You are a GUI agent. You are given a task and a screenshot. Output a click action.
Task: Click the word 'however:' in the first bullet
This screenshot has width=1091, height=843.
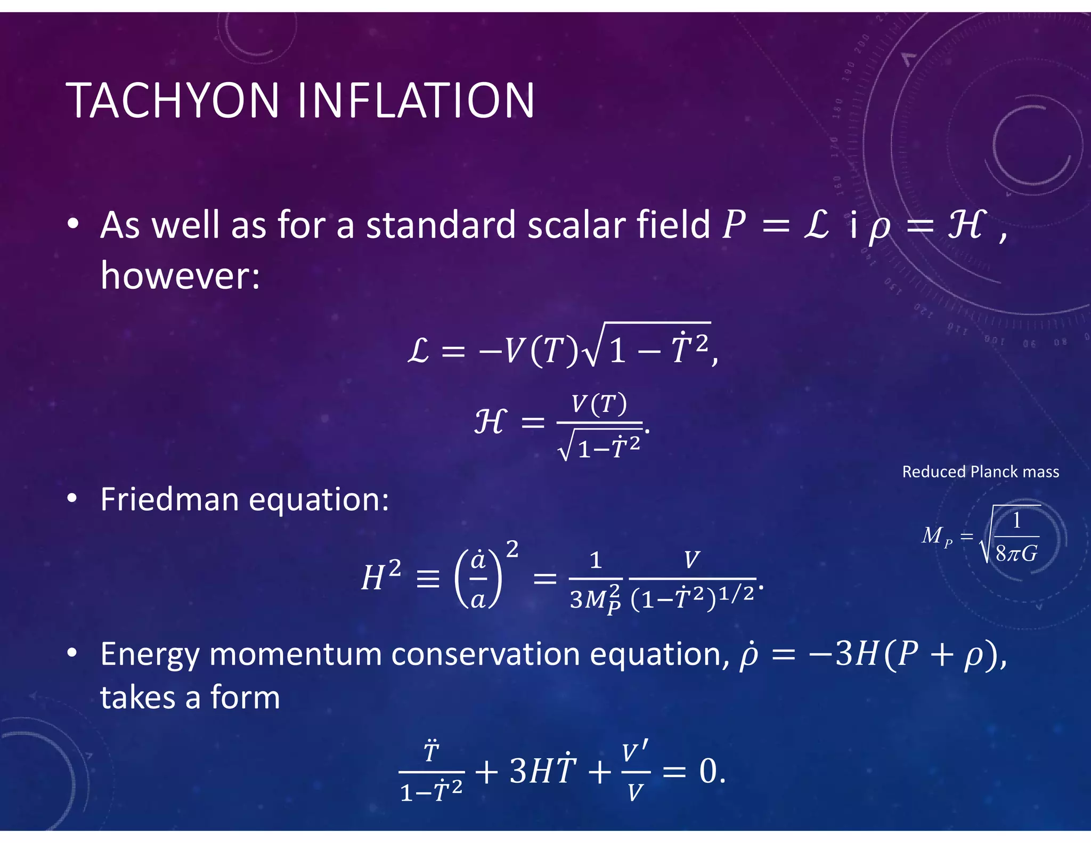(180, 275)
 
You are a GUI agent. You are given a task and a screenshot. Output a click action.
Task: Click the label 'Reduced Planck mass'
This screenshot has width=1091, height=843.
(980, 472)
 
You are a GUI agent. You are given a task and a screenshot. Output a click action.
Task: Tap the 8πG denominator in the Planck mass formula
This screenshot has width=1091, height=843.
(1016, 554)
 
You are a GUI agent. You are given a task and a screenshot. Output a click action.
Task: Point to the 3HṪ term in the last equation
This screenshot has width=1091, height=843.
(543, 771)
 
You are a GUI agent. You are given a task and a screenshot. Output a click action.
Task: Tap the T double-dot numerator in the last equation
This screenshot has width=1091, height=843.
(431, 752)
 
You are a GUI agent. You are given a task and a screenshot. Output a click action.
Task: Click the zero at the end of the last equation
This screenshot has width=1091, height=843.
(709, 771)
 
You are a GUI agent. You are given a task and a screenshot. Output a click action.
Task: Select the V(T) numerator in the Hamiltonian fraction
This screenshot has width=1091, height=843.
(599, 404)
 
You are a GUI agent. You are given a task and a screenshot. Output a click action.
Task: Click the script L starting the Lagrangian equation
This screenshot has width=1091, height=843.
(419, 352)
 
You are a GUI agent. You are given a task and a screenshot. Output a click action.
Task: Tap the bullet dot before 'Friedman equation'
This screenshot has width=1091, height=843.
(72, 499)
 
